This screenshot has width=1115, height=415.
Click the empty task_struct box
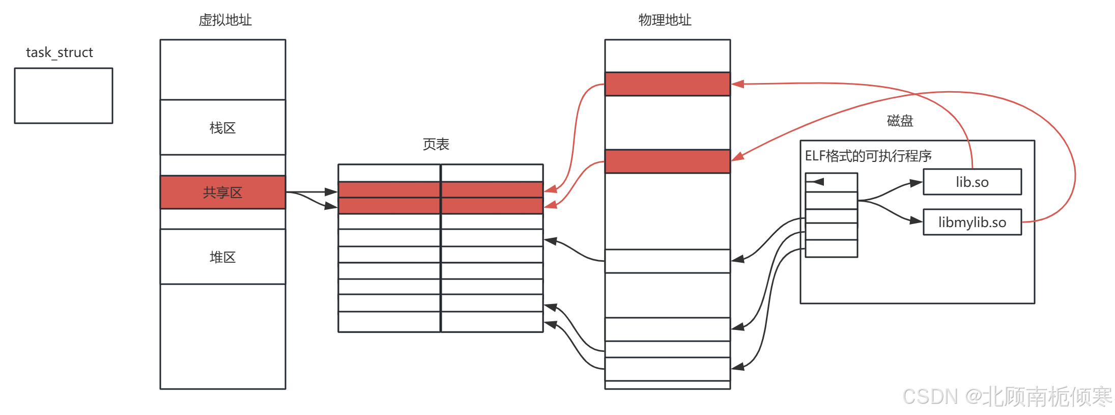[64, 96]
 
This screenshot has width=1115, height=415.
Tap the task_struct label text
[60, 52]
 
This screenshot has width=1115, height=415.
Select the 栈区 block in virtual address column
[222, 127]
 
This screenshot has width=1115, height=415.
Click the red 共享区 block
[222, 192]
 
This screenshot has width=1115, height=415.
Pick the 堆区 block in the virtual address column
[222, 257]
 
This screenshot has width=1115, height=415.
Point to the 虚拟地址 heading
[225, 20]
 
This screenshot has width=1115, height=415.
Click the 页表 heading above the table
[436, 145]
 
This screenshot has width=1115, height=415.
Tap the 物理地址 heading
[665, 20]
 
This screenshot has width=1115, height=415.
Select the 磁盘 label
[900, 121]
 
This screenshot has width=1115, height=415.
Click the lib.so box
[972, 182]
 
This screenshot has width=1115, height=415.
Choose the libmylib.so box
[972, 222]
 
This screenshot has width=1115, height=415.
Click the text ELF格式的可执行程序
[868, 156]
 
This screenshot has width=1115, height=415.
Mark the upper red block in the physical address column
[667, 84]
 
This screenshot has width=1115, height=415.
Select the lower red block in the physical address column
[667, 161]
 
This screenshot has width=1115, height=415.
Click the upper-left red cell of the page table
[389, 189]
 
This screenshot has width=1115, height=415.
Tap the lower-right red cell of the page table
[492, 206]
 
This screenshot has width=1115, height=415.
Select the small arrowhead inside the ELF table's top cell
[818, 182]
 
